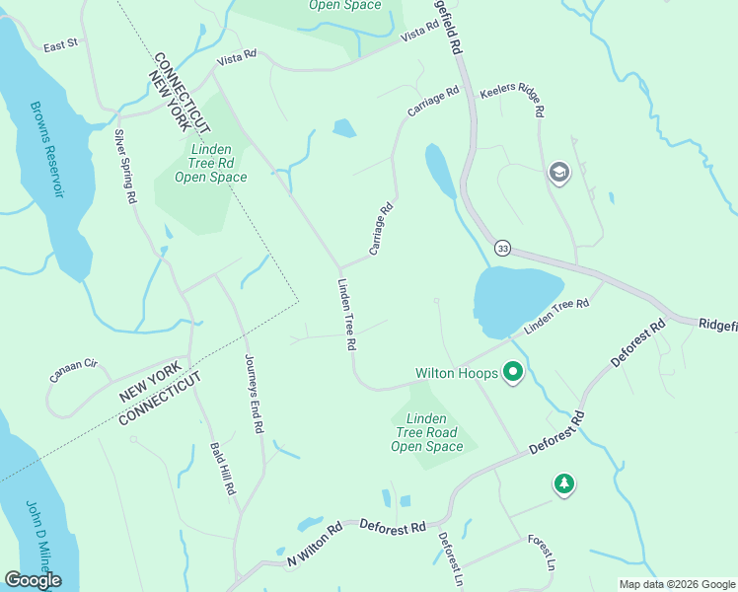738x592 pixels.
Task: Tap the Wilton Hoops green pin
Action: click(513, 373)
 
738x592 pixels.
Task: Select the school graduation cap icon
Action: click(558, 174)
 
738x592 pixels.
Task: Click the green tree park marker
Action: click(563, 483)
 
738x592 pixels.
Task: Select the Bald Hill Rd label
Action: click(223, 468)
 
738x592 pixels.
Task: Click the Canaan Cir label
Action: click(74, 371)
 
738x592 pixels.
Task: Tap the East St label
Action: click(60, 44)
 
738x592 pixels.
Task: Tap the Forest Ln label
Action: click(542, 553)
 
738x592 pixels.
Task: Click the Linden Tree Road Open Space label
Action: click(426, 433)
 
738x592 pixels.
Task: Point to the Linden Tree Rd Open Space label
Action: click(210, 163)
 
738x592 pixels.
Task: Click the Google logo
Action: click(33, 580)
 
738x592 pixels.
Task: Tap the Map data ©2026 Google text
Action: click(676, 584)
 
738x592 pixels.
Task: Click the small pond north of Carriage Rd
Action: click(344, 128)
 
